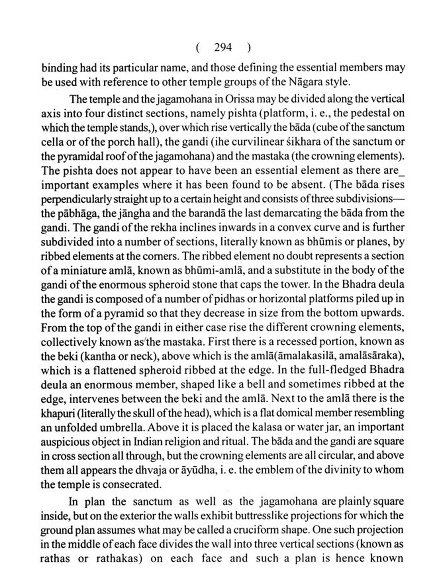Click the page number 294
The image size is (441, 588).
coord(223,47)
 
